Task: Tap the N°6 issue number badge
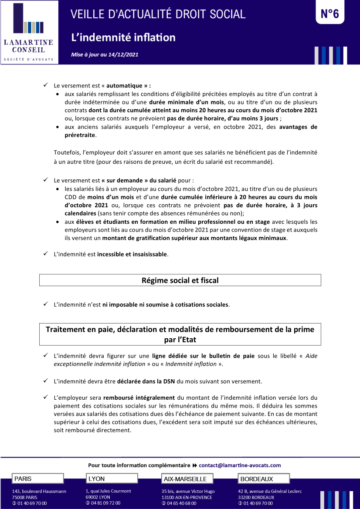[x=329, y=14]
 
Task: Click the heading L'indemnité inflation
[x=123, y=37]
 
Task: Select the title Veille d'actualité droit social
[x=158, y=14]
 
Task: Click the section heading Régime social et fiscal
[x=180, y=280]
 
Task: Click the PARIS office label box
[x=38, y=479]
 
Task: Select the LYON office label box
[x=112, y=479]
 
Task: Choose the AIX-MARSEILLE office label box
[x=187, y=479]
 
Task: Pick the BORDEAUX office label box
[x=264, y=479]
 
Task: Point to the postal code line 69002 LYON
[x=98, y=497]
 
